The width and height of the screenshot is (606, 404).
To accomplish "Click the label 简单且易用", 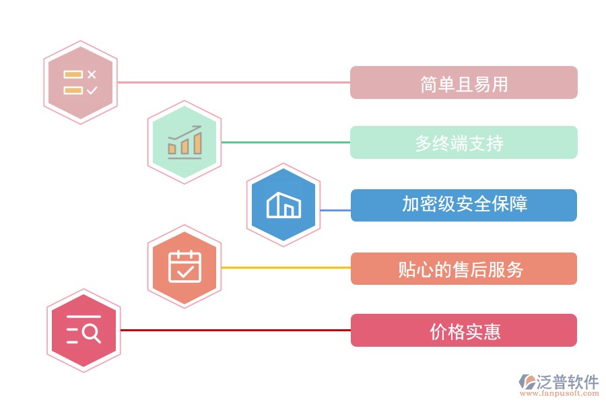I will (x=463, y=83).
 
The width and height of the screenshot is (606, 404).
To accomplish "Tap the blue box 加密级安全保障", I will (x=463, y=205).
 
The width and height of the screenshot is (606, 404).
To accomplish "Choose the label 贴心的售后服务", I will (x=463, y=269).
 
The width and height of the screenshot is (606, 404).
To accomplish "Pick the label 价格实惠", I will (x=463, y=331).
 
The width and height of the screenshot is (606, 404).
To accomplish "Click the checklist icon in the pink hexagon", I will (x=80, y=83).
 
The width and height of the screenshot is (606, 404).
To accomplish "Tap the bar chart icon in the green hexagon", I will (x=184, y=142).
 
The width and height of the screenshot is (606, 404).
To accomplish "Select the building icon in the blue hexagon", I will (x=283, y=205).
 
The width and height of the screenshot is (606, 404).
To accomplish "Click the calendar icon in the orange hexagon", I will (x=184, y=267).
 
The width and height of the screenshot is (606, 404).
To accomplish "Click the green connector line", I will (x=285, y=142).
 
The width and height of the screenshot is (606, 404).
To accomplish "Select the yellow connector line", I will (x=285, y=267).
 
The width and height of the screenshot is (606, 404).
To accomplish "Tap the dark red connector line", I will (x=236, y=330).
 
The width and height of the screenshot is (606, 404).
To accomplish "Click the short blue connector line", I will (x=335, y=210).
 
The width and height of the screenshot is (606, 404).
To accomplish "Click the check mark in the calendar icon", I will (x=185, y=271).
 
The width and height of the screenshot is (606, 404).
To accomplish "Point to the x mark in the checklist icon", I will (x=92, y=74).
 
